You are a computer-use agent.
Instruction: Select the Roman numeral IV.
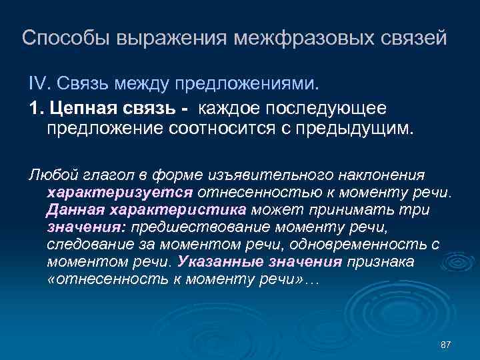[36, 85]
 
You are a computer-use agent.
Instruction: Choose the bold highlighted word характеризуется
[120, 193]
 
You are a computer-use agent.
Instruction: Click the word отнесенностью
[264, 193]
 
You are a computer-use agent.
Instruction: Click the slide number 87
[446, 344]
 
